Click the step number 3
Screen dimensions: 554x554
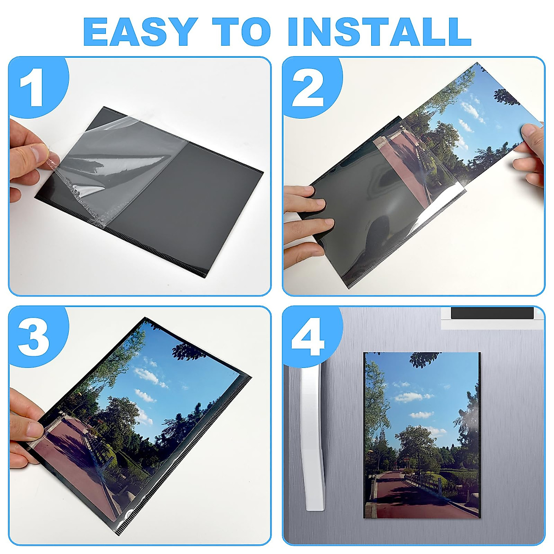click(33, 338)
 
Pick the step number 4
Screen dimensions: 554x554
click(308, 338)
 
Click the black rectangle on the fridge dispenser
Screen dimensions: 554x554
click(492, 313)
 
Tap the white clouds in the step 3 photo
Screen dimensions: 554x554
click(150, 376)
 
